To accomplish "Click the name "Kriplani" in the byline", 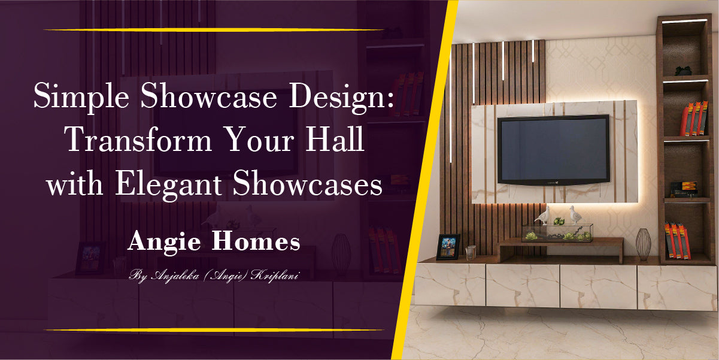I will (277, 276).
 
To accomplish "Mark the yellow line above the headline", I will (214, 29).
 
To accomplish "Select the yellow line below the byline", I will (214, 329).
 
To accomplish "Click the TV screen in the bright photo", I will (554, 149).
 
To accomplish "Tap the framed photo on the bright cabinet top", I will (448, 247).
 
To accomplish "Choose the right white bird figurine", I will (575, 214).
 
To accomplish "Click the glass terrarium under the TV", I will (557, 232).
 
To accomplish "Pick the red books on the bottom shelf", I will (678, 241).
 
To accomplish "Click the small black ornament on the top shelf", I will (683, 70).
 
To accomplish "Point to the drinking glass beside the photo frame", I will (471, 253).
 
